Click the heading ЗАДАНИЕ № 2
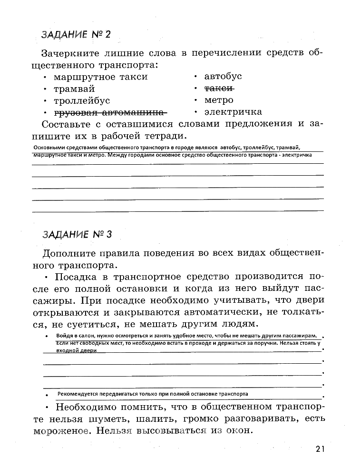pyautogui.click(x=76, y=35)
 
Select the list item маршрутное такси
pyautogui.click(x=101, y=77)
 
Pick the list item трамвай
pyautogui.click(x=74, y=89)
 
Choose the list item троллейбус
pyautogui.click(x=82, y=100)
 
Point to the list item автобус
pyautogui.click(x=223, y=77)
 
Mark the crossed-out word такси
pyautogui.click(x=219, y=89)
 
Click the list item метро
pyautogui.click(x=219, y=100)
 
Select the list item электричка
pyautogui.click(x=233, y=112)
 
